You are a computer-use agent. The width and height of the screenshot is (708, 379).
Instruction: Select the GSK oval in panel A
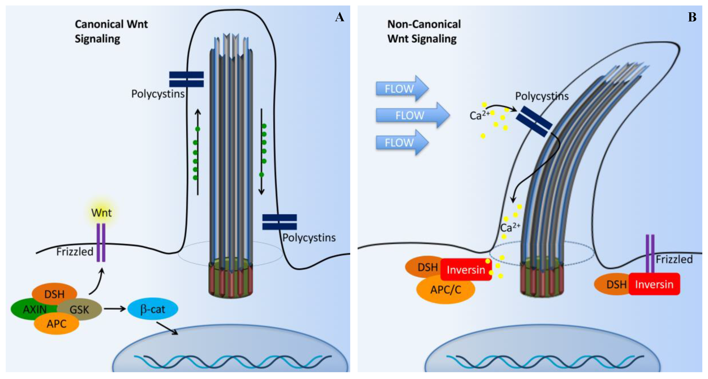80,310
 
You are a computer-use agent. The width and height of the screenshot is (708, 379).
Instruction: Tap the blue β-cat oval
153,309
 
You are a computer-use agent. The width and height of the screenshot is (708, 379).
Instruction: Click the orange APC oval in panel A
56,324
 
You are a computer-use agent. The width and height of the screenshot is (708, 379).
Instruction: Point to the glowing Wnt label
101,213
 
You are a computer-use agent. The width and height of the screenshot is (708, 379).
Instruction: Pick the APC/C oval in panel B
446,290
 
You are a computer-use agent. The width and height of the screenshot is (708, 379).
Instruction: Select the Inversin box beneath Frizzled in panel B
654,284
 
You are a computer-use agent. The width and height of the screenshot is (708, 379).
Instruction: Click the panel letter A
340,17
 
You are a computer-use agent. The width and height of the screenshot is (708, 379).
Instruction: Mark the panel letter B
692,17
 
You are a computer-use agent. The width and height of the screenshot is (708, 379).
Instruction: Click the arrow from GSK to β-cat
115,309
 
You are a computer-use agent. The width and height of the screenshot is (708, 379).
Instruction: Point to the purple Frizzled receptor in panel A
101,242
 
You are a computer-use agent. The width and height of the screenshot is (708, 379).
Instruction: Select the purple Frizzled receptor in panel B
650,254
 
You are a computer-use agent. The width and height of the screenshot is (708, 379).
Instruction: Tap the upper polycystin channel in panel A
186,79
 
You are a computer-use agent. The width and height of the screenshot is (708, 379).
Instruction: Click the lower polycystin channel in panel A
279,222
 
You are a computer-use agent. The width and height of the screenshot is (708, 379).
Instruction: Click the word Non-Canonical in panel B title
424,24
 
